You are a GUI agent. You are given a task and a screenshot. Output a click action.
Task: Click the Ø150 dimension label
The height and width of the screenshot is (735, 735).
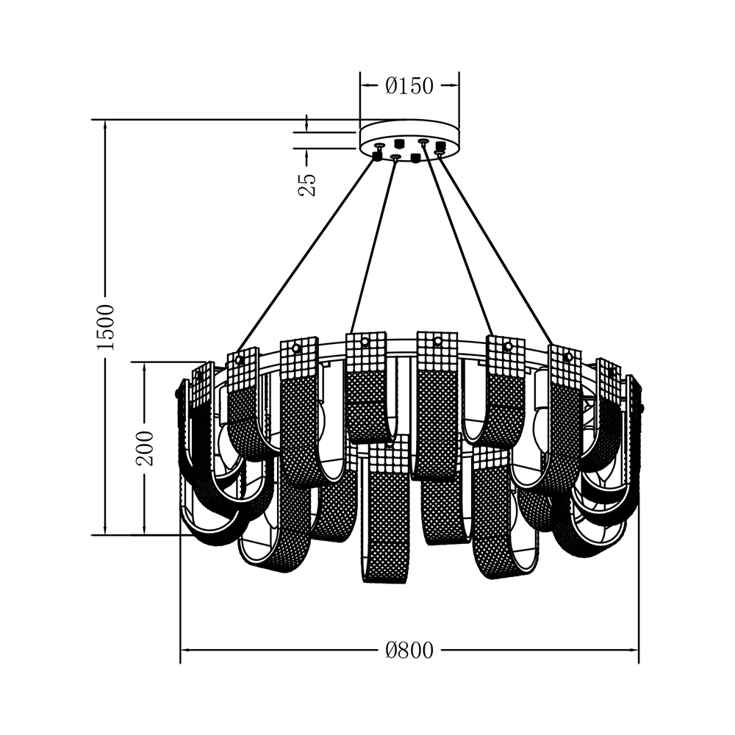pos(409,86)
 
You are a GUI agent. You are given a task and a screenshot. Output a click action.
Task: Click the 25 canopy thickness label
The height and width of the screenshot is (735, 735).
pos(307,184)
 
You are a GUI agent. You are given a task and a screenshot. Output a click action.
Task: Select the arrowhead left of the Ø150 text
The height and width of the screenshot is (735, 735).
pos(365,86)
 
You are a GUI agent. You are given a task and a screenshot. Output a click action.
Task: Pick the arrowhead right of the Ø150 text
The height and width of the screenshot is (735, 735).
pos(453,86)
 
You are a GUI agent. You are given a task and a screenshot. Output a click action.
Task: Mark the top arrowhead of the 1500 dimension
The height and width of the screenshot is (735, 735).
pos(105,125)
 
